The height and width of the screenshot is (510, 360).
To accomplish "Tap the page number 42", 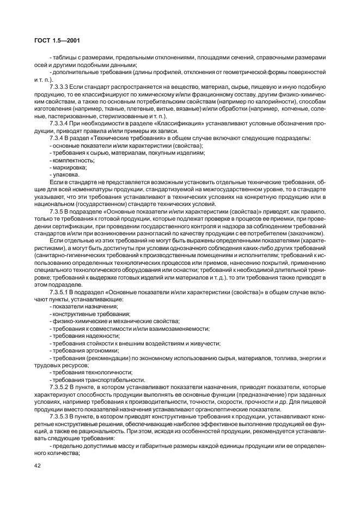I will [x=37, y=466].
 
